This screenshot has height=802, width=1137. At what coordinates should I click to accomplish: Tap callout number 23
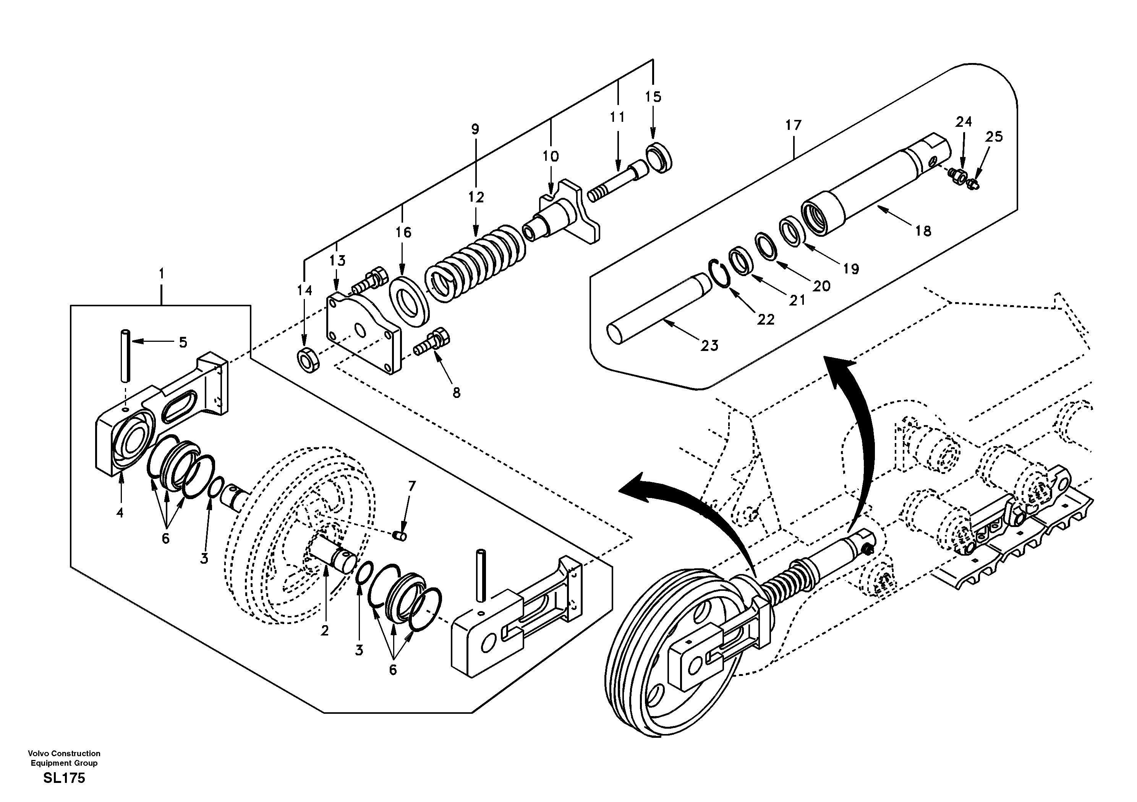tap(709, 346)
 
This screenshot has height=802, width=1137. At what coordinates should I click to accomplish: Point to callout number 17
tap(793, 125)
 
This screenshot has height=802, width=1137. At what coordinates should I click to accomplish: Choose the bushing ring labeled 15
tap(659, 157)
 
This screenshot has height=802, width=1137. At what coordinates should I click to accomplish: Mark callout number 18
tap(923, 230)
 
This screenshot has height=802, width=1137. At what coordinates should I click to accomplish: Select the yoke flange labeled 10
tap(570, 213)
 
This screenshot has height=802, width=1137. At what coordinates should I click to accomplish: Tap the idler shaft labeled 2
tap(333, 556)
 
